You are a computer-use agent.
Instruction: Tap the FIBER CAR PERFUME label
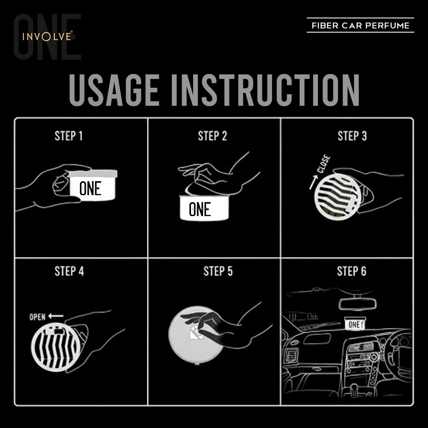360,25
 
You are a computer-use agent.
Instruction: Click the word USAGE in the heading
114,90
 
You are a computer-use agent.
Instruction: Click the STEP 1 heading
69,136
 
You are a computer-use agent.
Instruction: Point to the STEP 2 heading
212,136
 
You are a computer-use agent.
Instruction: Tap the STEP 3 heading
352,136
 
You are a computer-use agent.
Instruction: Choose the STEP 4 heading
69,271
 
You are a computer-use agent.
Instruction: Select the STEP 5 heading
218,271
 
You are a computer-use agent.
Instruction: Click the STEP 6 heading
352,271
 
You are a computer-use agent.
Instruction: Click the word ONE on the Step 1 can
90,189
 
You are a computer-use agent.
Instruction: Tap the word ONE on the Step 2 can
200,209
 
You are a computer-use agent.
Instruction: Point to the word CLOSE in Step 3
324,163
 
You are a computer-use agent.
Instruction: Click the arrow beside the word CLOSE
313,182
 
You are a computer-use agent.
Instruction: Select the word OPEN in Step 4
37,317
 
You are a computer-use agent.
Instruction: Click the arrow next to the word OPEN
56,316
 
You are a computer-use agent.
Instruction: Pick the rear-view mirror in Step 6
357,304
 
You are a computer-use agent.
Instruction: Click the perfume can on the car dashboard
355,323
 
